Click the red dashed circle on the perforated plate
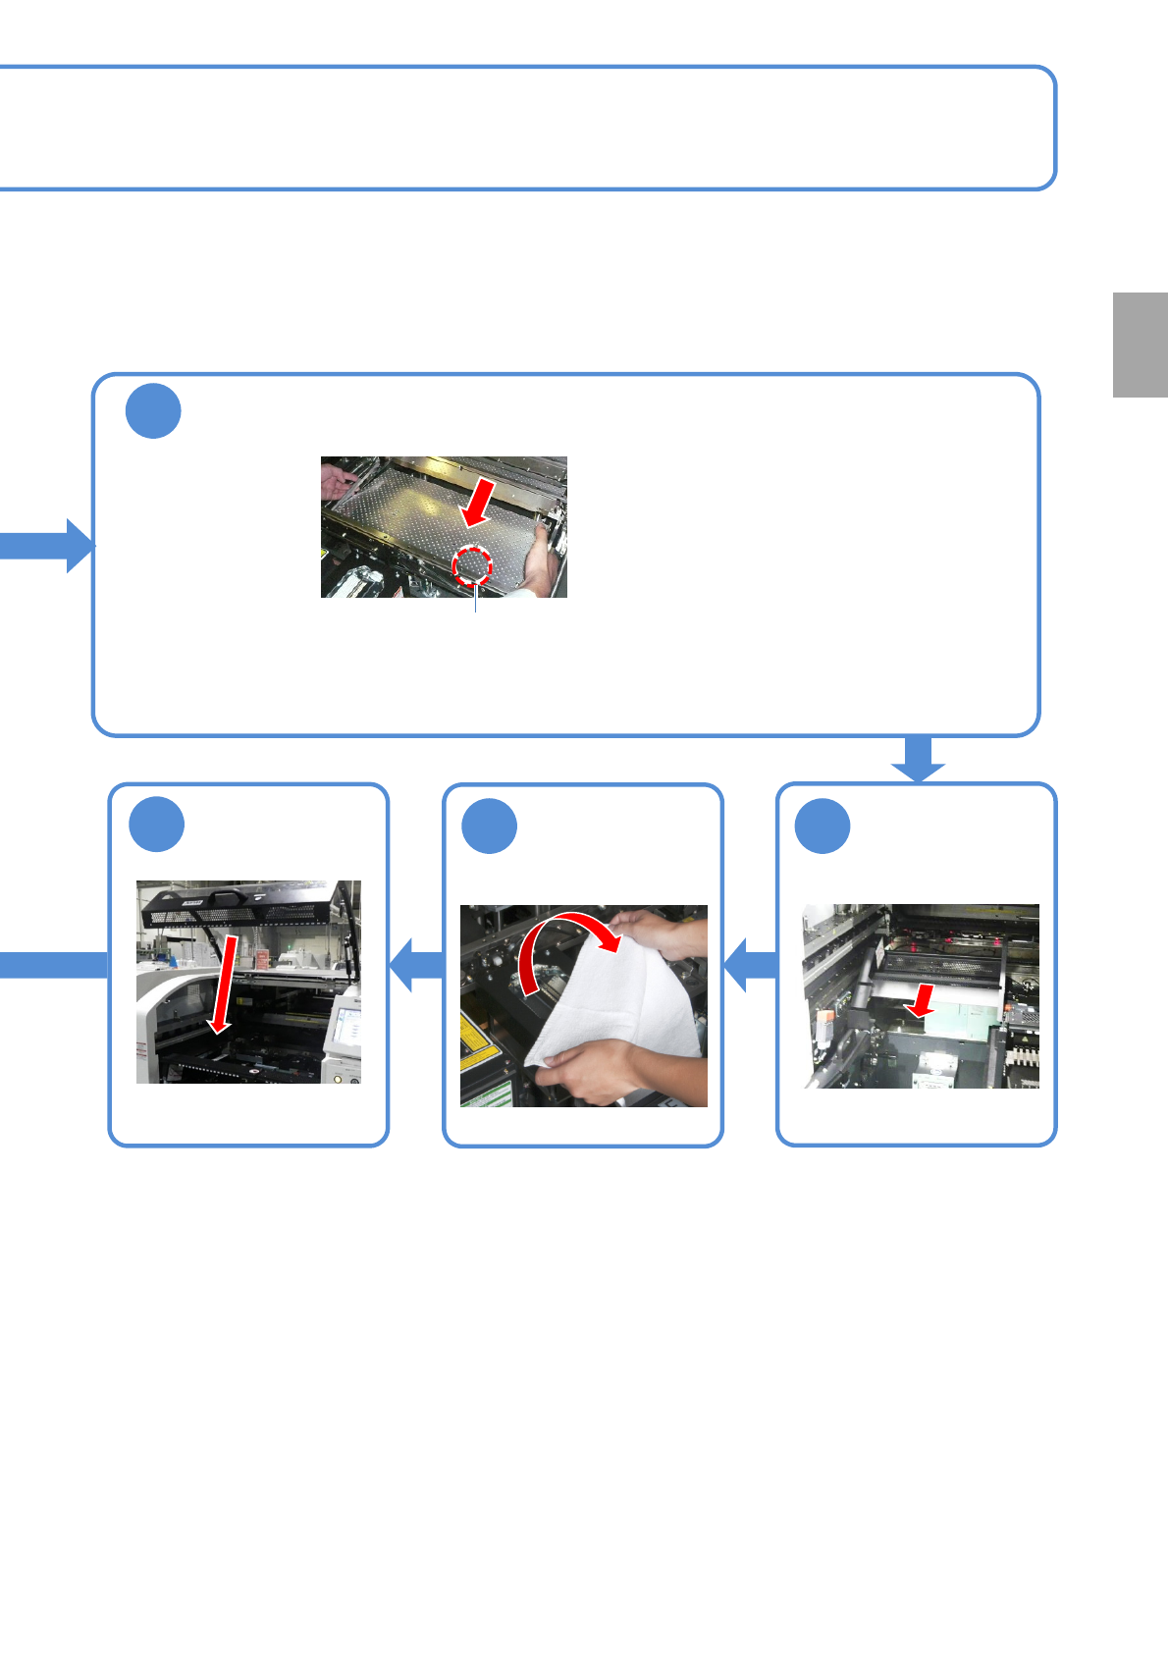[x=472, y=565]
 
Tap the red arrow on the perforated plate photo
[x=479, y=505]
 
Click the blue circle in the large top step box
[x=153, y=411]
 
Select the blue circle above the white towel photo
[x=489, y=826]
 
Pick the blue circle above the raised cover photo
[x=156, y=825]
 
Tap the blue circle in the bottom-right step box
[x=823, y=826]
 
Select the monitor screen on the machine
[x=345, y=1027]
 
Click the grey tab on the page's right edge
[x=1140, y=345]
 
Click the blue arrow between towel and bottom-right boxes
[x=750, y=965]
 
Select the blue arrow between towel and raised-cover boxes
[x=416, y=965]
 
